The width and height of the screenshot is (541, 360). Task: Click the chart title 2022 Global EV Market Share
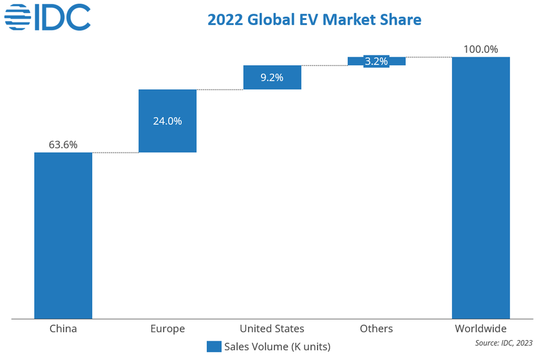click(314, 20)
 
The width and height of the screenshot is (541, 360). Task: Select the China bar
click(63, 235)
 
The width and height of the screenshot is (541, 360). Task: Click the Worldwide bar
click(481, 187)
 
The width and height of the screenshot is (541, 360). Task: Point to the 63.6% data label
click(63, 145)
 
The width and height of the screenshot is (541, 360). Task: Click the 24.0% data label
click(167, 120)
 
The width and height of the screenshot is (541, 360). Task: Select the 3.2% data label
click(376, 62)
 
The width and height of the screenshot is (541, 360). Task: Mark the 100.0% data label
click(480, 49)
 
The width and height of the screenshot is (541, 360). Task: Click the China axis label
click(63, 328)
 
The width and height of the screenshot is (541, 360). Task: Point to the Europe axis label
click(167, 328)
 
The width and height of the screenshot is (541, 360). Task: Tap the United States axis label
click(272, 328)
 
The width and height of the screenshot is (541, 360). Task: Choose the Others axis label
click(376, 328)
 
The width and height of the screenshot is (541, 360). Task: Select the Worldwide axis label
click(480, 328)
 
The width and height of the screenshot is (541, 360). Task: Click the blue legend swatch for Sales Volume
click(214, 346)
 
